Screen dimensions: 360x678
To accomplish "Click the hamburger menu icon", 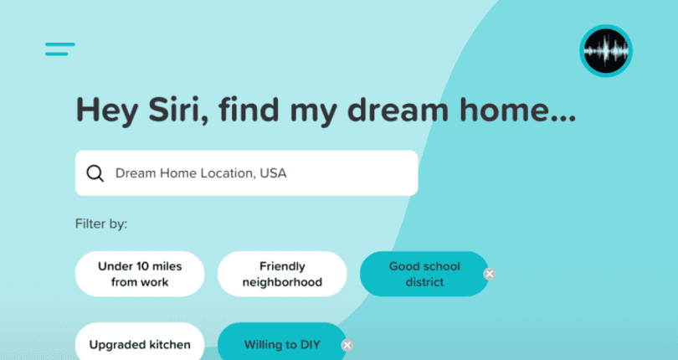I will point(60,49).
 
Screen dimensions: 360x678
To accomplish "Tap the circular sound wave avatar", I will point(606,50).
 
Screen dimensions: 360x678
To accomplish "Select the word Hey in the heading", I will point(105,111).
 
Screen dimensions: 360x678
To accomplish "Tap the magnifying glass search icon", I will point(95,173).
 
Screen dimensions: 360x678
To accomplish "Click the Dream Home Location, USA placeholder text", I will point(201,173).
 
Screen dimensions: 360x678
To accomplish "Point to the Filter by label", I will point(101,224).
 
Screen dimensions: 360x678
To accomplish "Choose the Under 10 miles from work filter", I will point(140,275).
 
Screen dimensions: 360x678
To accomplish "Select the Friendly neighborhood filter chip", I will point(282,275).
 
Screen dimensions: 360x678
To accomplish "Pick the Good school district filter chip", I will point(424,275).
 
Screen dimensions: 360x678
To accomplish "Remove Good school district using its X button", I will point(490,274).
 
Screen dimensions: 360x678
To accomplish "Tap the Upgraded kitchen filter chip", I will point(140,344).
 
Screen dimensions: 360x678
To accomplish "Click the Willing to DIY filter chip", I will point(281,344).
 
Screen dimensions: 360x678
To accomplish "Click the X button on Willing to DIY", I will point(347,344).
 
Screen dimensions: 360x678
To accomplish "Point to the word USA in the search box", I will point(273,173).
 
